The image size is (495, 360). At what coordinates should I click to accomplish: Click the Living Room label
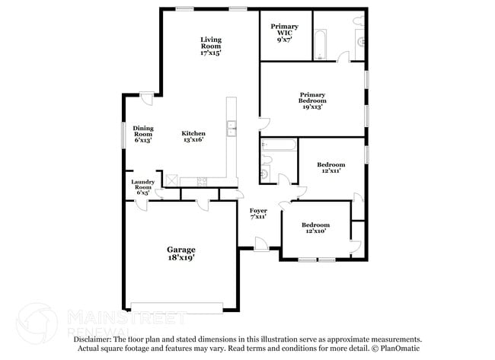211,46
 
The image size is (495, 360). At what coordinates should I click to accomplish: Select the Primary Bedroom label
312,101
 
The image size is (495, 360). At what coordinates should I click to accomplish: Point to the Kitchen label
193,136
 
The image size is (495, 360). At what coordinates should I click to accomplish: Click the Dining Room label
143,134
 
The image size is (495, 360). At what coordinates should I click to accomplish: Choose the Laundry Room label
143,187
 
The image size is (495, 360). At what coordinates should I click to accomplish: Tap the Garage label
181,253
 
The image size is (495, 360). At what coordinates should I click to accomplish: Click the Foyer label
258,212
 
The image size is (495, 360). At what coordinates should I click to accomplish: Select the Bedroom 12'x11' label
331,168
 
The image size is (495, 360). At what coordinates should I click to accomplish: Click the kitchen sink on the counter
232,129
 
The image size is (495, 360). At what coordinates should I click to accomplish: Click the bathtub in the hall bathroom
276,146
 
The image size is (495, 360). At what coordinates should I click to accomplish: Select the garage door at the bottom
177,307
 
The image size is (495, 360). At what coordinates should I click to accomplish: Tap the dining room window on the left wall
124,133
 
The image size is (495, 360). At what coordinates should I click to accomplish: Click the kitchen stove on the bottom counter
202,180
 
